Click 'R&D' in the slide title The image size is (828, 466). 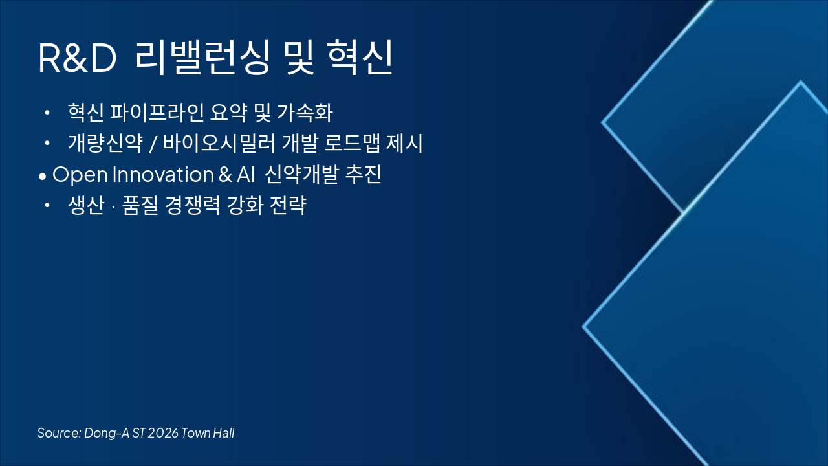[x=77, y=59]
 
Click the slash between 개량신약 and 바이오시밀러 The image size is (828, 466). [x=151, y=144]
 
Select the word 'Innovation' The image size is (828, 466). [x=162, y=175]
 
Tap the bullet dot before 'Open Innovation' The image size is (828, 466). [x=43, y=176]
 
